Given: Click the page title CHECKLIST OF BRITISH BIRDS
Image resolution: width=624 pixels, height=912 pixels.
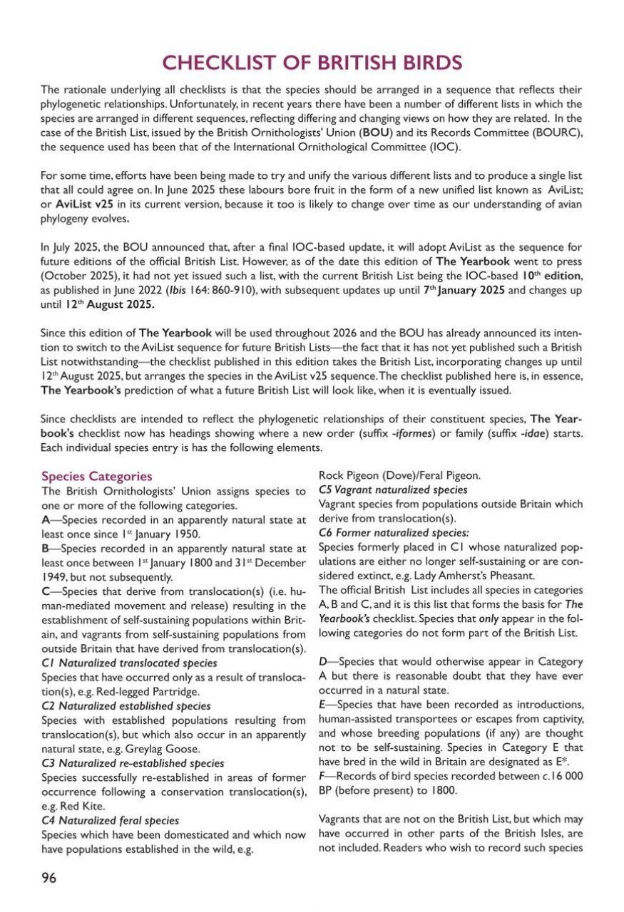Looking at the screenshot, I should point(312,63).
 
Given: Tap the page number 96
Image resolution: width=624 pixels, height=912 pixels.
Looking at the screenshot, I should point(48,877).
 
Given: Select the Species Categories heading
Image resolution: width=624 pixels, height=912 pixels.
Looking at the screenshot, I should point(96,476).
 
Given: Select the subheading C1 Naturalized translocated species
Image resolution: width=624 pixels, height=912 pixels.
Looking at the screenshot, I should point(129,663).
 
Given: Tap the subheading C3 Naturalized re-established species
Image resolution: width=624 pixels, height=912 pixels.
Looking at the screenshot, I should point(133,762).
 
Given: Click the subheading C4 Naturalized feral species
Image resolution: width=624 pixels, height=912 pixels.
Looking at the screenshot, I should point(111,820).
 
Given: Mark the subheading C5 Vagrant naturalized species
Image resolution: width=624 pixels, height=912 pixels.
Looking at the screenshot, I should point(393,490).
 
